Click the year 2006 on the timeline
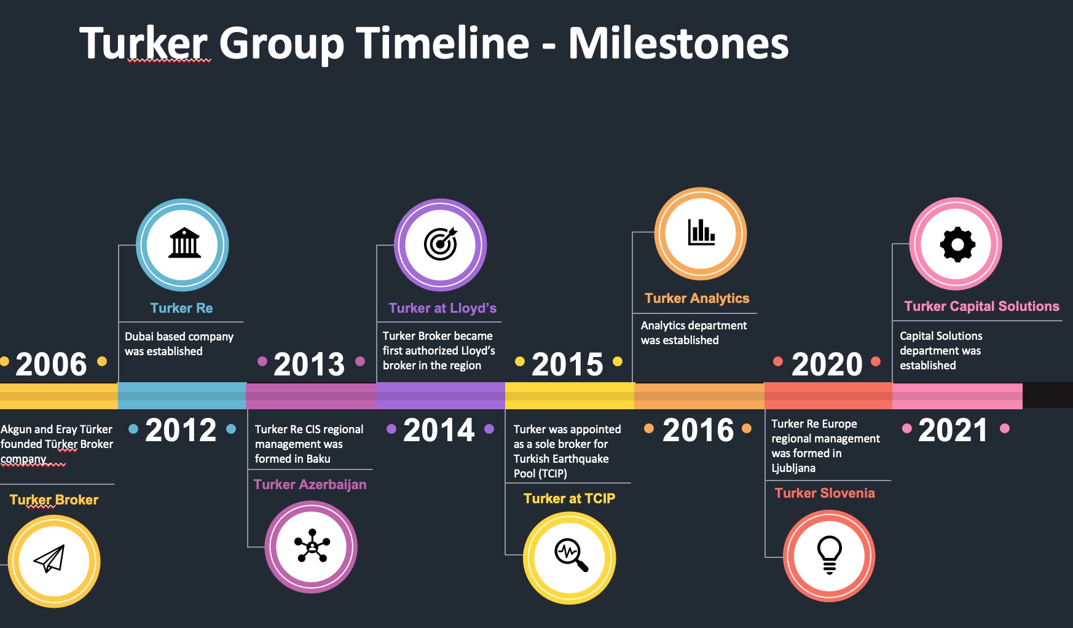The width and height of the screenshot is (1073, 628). [51, 364]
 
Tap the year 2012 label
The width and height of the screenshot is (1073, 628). [181, 430]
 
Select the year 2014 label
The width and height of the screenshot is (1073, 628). [439, 430]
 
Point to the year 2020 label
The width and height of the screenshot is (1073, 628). [827, 364]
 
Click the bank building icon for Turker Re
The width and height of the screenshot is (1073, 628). [184, 243]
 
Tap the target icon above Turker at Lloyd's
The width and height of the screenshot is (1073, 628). [441, 244]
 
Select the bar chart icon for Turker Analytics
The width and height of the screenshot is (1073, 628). [701, 232]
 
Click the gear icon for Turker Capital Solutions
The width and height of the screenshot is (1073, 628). [957, 245]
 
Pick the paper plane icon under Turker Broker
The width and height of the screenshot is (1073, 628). [50, 559]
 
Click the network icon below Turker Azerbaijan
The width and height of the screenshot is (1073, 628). [312, 546]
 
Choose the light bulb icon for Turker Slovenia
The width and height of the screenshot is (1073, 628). [829, 555]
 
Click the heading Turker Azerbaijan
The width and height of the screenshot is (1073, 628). [310, 484]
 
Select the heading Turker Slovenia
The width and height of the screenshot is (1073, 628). [825, 493]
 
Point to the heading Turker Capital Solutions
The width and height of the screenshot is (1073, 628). [981, 306]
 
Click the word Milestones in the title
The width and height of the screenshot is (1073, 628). [678, 43]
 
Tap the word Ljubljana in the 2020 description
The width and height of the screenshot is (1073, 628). [793, 468]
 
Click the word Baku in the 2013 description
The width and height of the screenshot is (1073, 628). [318, 458]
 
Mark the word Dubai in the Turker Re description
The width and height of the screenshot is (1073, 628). [139, 336]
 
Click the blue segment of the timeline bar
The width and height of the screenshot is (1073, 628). [182, 396]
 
